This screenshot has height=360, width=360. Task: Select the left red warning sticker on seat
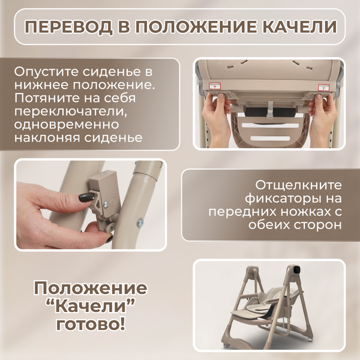pyautogui.click(x=214, y=88)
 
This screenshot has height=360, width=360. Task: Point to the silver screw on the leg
pyautogui.click(x=139, y=223)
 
